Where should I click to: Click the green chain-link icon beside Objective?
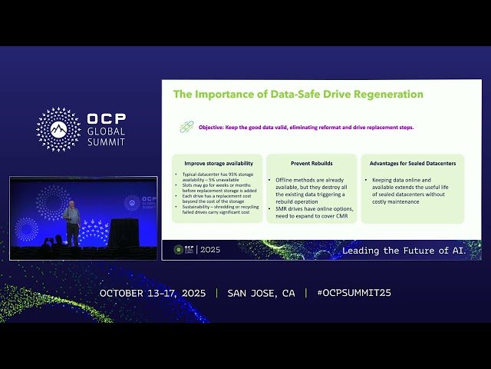[x=185, y=127]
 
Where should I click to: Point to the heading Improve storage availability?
[x=219, y=164]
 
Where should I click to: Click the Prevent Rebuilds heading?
[x=311, y=164]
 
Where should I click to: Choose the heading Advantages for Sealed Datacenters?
[x=412, y=164]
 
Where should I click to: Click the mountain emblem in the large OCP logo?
[x=58, y=129]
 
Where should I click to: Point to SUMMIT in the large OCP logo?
[x=106, y=141]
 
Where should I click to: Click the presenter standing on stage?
[x=71, y=223]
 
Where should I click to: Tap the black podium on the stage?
[x=123, y=232]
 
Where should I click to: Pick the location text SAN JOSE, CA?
[x=261, y=293]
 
